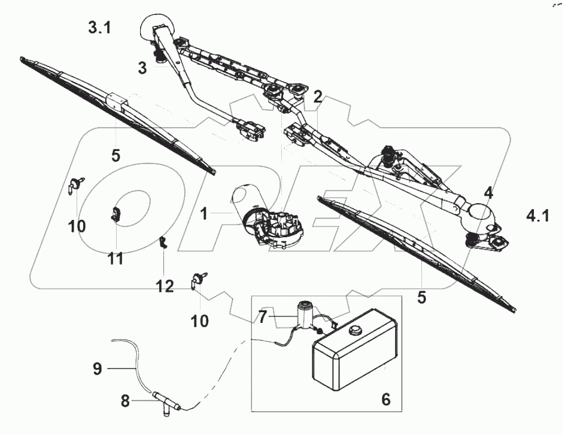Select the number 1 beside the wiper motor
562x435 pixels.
pos(204,213)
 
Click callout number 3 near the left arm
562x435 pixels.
pos(142,68)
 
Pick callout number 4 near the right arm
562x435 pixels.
pos(489,193)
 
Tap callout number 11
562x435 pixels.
pos(115,258)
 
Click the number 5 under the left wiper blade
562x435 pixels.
pos(116,155)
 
